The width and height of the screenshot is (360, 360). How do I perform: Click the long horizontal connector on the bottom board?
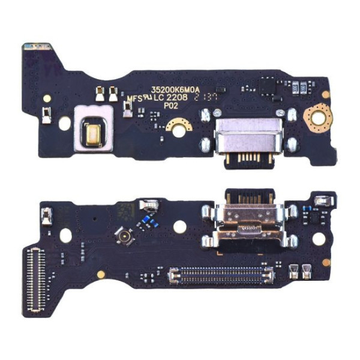pyautogui.click(x=221, y=275)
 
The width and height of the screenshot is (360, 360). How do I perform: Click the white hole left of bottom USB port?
pyautogui.click(x=179, y=226)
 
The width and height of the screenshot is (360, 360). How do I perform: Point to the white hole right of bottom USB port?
pyautogui.click(x=318, y=238)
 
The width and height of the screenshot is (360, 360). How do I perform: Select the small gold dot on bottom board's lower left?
pyautogui.click(x=101, y=274)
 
